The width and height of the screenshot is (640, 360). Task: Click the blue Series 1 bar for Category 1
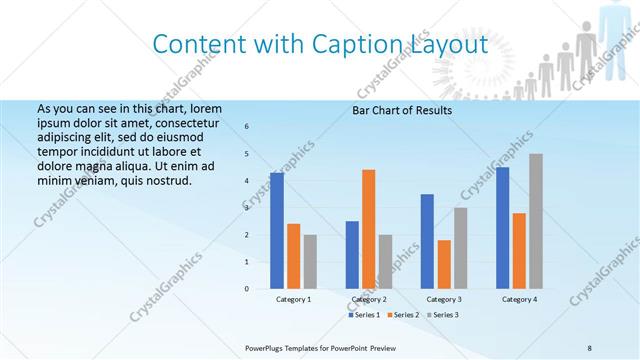click(277, 231)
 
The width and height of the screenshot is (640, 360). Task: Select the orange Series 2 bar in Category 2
click(369, 229)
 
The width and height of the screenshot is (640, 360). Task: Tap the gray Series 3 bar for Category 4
click(536, 221)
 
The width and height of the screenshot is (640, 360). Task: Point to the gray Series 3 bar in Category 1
click(310, 262)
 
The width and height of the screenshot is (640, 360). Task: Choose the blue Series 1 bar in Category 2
click(352, 255)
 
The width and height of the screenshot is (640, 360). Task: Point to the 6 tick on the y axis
click(247, 126)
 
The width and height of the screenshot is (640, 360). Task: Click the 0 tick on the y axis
click(247, 289)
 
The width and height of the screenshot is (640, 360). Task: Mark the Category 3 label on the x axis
click(444, 299)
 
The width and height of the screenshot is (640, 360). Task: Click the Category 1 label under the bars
click(294, 299)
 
